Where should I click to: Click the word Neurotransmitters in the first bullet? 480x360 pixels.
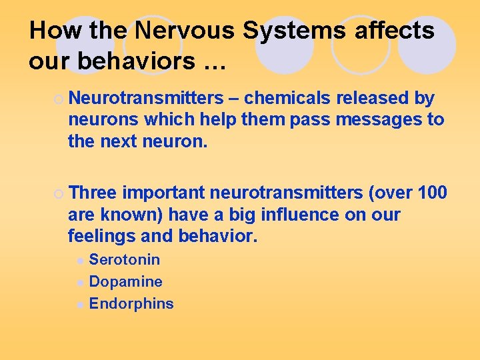tap(146, 98)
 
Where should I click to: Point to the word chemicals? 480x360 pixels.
tap(287, 98)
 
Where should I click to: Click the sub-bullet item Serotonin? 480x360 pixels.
tap(125, 259)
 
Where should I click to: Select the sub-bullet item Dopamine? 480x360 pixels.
tap(126, 281)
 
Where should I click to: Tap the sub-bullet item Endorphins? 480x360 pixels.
tap(131, 303)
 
